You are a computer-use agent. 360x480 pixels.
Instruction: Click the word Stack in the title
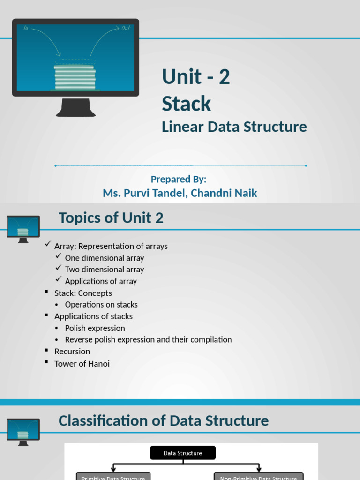[187, 104]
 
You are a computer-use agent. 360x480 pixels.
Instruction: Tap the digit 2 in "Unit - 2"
[224, 77]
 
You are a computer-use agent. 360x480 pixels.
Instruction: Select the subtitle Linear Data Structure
[234, 127]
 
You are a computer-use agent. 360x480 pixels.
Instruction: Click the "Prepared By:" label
[179, 179]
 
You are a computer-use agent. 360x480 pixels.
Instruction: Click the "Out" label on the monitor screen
[126, 29]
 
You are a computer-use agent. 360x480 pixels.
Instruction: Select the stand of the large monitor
[75, 107]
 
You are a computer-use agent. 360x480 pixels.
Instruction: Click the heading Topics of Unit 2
[111, 218]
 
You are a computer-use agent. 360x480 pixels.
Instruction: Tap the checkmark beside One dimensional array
[58, 256]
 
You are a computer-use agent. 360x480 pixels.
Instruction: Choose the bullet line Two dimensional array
[105, 270]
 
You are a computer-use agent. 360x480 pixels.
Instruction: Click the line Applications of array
[101, 281]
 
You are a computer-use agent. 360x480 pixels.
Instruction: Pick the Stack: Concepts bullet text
[83, 293]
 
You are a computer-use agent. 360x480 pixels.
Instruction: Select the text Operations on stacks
[101, 305]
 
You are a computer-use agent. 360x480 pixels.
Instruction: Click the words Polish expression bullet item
[95, 328]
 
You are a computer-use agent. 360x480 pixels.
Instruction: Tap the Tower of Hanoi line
[82, 363]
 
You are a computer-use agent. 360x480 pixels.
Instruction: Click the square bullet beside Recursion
[47, 351]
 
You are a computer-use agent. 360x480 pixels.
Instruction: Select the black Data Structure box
[183, 453]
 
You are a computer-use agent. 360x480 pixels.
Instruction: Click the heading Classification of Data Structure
[164, 420]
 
